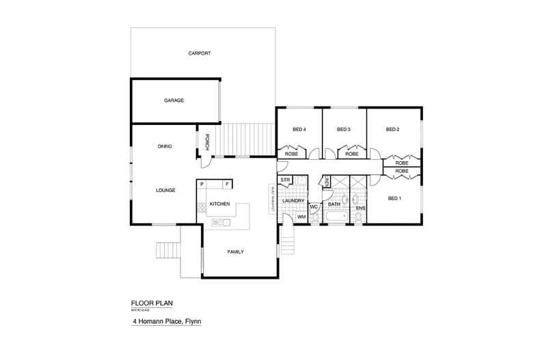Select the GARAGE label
click(174, 100)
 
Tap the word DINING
click(164, 146)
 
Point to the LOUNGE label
click(166, 190)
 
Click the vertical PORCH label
click(206, 143)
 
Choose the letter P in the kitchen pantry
click(202, 184)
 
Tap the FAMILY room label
click(236, 252)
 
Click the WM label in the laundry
click(301, 217)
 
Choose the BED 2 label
click(392, 129)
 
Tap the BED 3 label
click(344, 129)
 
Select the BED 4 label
click(299, 129)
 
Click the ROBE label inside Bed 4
click(291, 154)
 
